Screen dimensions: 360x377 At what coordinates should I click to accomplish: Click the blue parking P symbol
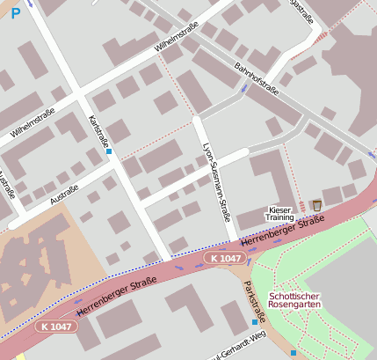[x=15, y=14]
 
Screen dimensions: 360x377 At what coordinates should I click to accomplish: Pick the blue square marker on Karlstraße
[x=109, y=151]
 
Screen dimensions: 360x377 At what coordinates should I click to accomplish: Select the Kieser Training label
[x=279, y=213]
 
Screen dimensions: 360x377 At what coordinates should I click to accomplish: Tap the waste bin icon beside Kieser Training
[x=316, y=205]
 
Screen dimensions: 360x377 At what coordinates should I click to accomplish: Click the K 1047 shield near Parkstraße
[x=224, y=257]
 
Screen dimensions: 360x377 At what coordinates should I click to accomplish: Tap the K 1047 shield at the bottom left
[x=56, y=326]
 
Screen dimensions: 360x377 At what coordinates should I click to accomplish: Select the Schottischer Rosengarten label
[x=295, y=300]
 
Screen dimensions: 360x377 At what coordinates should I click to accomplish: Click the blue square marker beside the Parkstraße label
[x=255, y=322]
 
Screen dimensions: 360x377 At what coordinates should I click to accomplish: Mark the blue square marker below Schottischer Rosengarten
[x=294, y=352]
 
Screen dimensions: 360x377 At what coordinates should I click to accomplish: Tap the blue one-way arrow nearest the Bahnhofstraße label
[x=243, y=90]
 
